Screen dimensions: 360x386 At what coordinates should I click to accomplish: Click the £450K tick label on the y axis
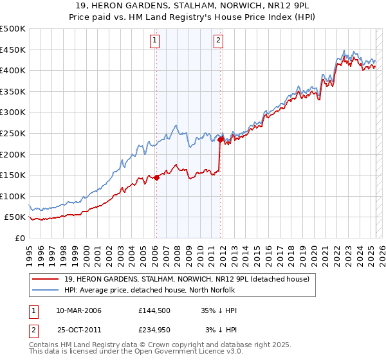[13, 50]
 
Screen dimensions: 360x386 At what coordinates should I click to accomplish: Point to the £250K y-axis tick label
[13, 133]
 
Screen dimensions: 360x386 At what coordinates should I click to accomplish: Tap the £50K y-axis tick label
[15, 217]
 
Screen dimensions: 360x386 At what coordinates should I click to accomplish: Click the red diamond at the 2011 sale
[220, 139]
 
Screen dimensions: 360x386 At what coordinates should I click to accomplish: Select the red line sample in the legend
[45, 279]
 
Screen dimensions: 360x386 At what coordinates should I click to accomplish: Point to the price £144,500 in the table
[154, 310]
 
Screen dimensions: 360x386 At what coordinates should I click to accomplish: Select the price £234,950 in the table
[154, 330]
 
